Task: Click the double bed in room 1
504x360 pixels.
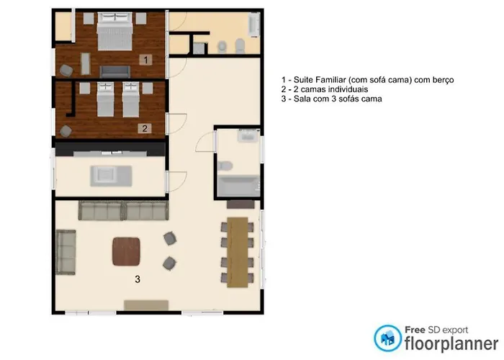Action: coord(114,31)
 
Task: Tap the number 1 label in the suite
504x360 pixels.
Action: coord(146,60)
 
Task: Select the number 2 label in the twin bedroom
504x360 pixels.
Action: coord(145,129)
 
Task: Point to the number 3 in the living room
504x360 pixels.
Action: coord(138,279)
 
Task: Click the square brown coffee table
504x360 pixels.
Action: coord(126,251)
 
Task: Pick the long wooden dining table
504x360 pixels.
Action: coord(238,252)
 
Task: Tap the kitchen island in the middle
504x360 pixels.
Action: coord(111,176)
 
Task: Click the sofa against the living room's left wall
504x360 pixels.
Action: coord(66,252)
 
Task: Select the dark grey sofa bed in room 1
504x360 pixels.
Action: coord(114,72)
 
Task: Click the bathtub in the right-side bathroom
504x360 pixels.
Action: coord(238,186)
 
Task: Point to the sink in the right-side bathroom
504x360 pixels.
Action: coord(248,135)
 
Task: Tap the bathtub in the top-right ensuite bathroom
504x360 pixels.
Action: coord(254,24)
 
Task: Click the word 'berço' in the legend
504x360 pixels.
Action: coord(444,80)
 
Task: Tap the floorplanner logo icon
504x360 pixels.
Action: coord(387,338)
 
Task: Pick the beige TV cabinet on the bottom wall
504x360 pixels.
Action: coord(146,305)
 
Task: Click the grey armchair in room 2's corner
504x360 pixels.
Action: coord(66,131)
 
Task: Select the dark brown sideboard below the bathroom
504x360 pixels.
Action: coord(240,204)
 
